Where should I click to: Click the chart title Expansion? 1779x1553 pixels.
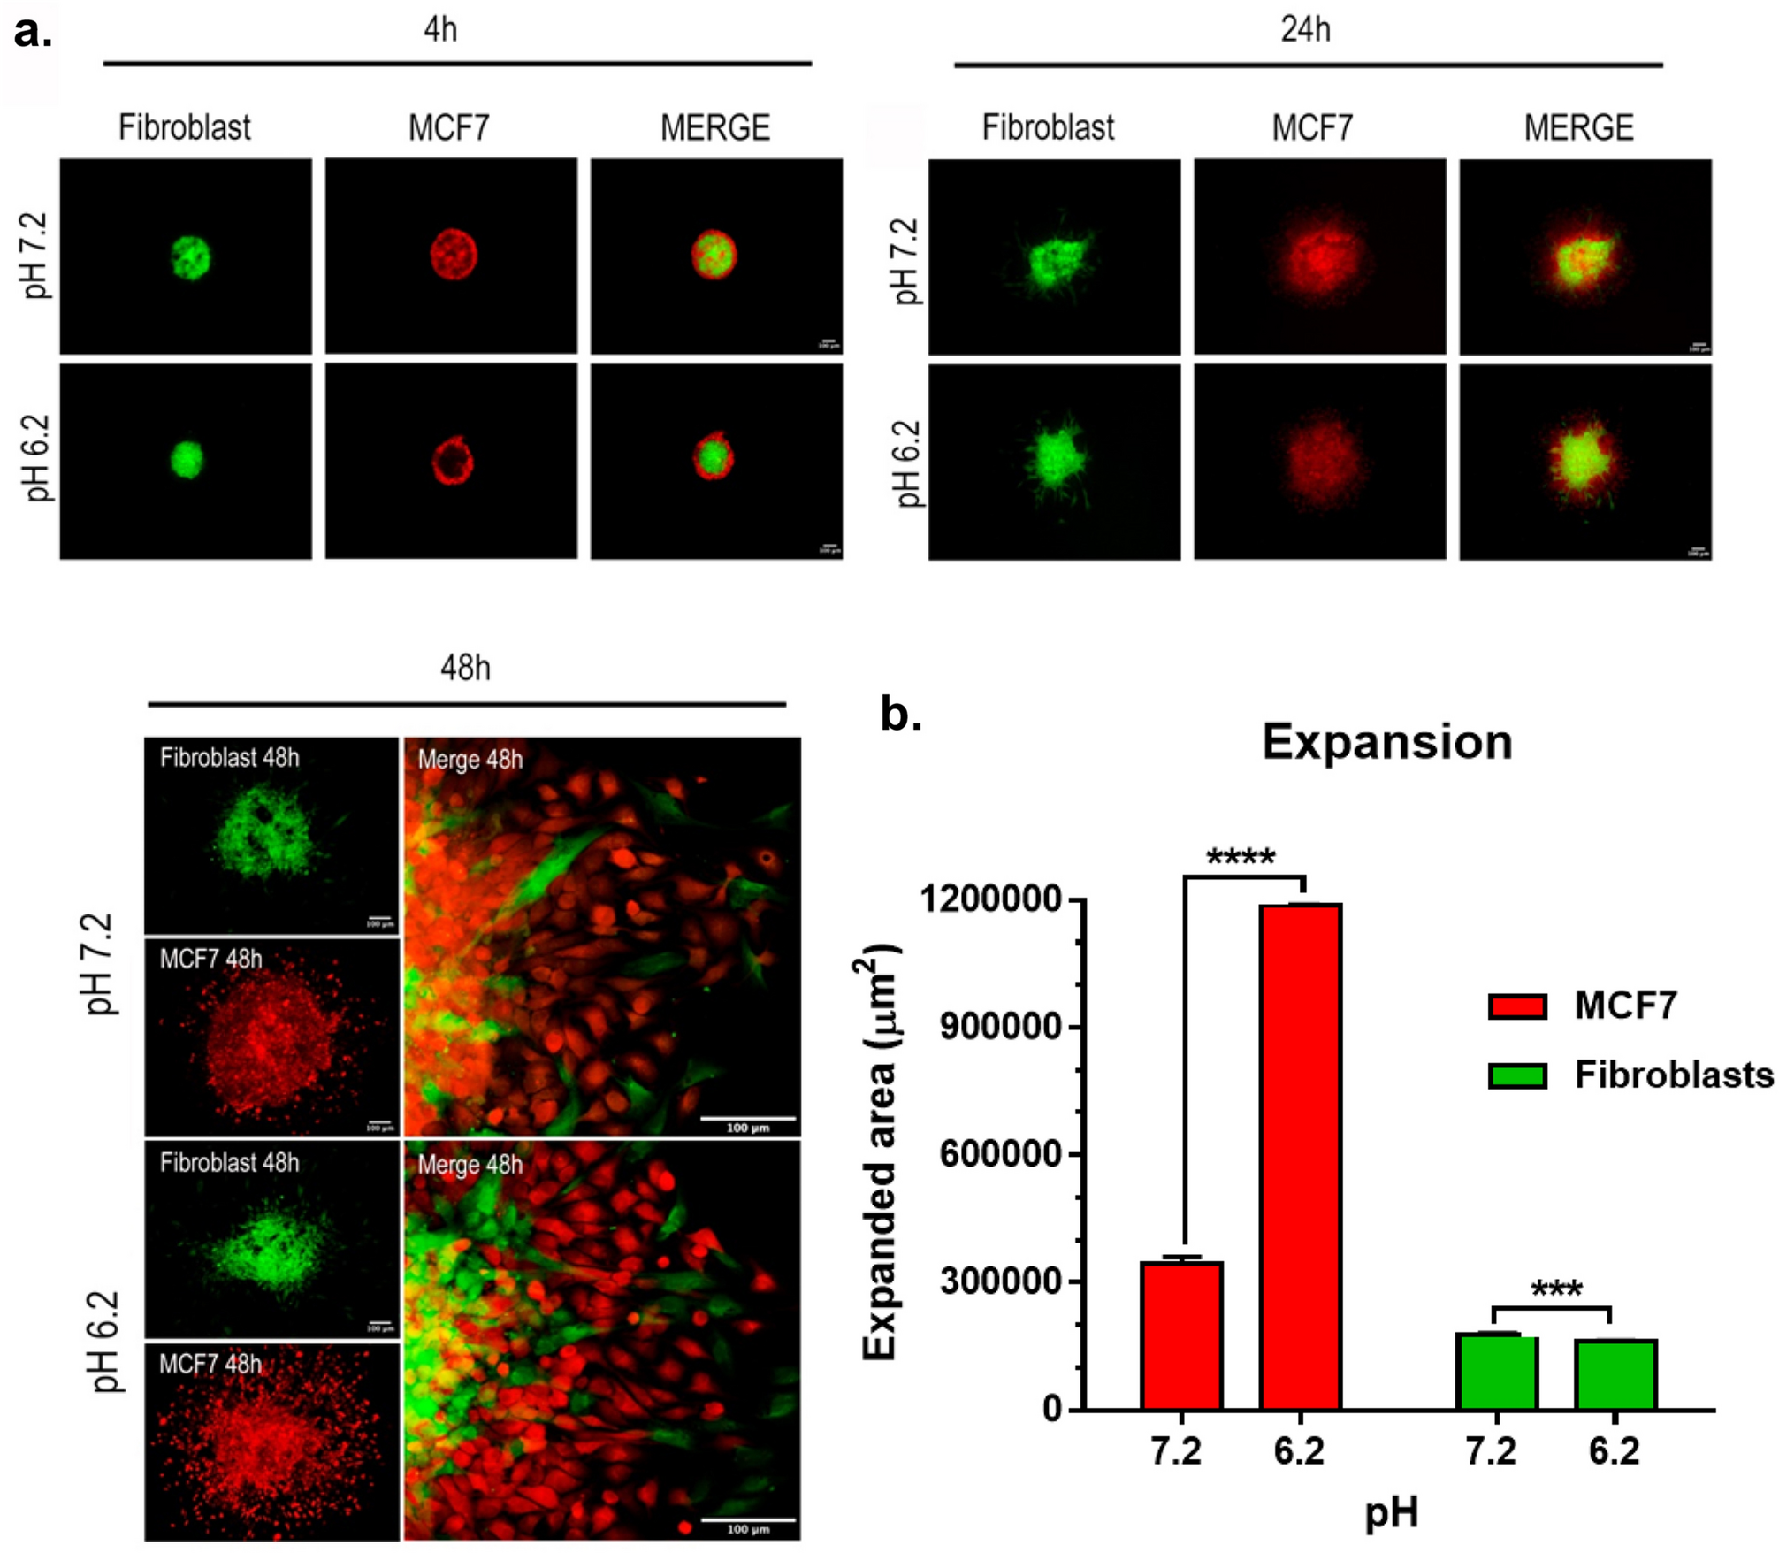[1386, 741]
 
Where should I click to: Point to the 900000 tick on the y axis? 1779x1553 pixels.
[999, 1027]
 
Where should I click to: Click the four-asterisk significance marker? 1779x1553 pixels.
[1241, 857]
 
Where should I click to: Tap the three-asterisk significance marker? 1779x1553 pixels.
[1556, 1289]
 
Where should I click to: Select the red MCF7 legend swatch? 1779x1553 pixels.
[1517, 1006]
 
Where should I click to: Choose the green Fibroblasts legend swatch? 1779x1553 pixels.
[1517, 1076]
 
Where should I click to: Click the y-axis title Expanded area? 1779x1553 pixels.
[879, 1150]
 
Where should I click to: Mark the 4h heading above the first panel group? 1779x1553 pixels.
[440, 30]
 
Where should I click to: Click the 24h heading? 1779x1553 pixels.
[1305, 30]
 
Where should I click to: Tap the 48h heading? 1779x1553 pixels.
[465, 668]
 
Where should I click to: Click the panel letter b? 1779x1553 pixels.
[900, 713]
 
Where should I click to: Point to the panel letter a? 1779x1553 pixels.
[33, 34]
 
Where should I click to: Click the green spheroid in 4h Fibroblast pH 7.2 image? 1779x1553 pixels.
[190, 256]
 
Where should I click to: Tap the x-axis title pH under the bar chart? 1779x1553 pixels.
[1391, 1512]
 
